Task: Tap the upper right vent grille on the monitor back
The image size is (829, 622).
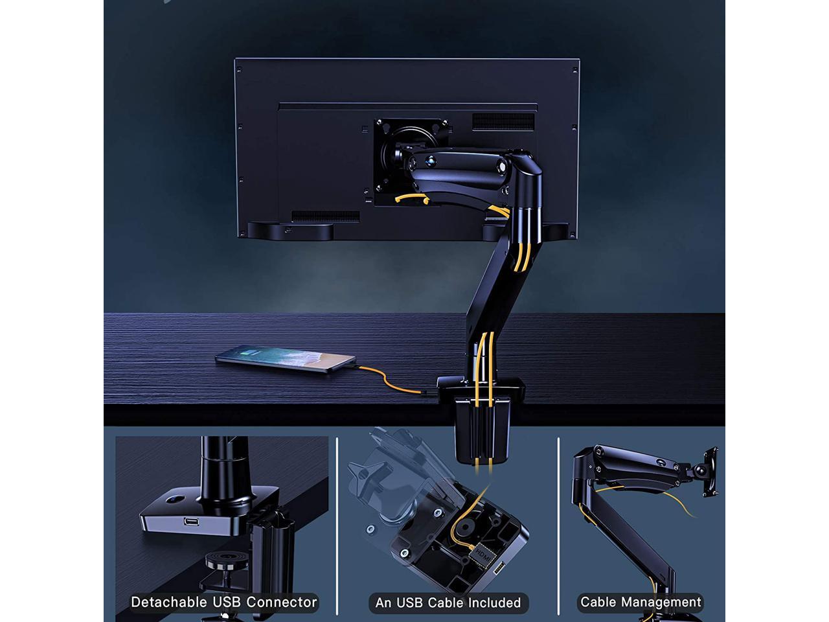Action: pos(503,121)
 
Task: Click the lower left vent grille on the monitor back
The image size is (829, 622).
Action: pos(325,216)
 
